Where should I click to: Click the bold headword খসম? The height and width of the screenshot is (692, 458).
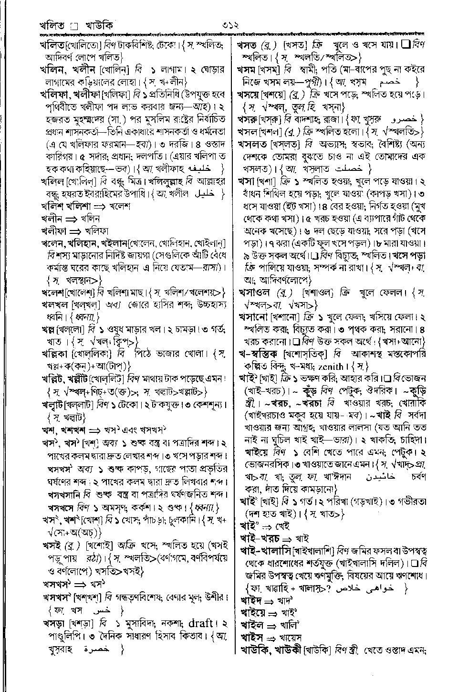click(248, 70)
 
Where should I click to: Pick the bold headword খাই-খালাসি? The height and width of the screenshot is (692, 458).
click(264, 549)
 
